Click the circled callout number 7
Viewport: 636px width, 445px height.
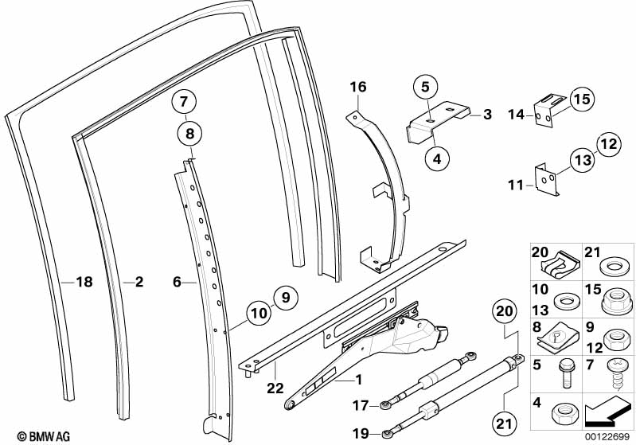184,102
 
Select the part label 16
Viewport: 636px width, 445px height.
358,87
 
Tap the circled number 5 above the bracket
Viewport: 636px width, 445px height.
425,87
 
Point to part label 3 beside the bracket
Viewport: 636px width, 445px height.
487,115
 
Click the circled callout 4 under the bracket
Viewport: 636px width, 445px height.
437,158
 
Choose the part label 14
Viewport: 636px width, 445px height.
517,115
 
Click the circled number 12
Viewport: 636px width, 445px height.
609,144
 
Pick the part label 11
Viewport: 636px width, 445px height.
516,185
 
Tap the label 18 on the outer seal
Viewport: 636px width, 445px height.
84,282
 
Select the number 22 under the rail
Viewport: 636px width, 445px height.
275,388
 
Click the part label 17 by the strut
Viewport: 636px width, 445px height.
361,405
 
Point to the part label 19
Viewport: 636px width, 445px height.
361,433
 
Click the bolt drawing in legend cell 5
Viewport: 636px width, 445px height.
567,373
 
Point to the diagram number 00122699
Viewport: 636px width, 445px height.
607,437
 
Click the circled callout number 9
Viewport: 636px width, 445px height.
286,299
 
